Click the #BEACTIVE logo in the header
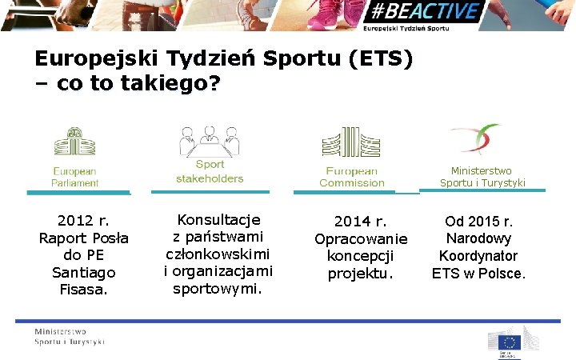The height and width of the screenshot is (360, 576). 423,13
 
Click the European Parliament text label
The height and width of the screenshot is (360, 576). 74,177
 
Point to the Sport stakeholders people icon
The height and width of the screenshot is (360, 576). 210,142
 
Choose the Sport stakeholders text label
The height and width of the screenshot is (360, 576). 210,171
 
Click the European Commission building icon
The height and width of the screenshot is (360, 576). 350,143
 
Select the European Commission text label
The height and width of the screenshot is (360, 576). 351,177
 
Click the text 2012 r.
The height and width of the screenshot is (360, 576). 84,221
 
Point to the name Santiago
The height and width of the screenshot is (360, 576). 84,273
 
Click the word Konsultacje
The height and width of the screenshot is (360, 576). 218,219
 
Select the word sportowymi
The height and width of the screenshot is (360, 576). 218,288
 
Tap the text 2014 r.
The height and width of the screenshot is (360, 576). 361,222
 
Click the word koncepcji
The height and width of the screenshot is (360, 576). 361,256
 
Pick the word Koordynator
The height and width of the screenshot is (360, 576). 478,256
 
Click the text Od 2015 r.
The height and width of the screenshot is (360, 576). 479,222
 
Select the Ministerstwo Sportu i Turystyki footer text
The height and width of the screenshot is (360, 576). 69,337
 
